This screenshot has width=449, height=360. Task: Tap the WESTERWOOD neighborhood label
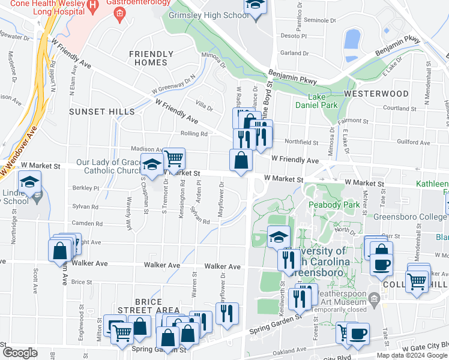(376, 94)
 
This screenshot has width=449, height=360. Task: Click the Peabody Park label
(333, 205)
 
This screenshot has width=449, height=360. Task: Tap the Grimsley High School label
(208, 15)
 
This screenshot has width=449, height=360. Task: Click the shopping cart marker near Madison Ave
(173, 159)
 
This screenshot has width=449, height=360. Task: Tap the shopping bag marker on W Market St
(241, 160)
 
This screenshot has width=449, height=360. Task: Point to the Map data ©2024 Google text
(411, 355)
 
